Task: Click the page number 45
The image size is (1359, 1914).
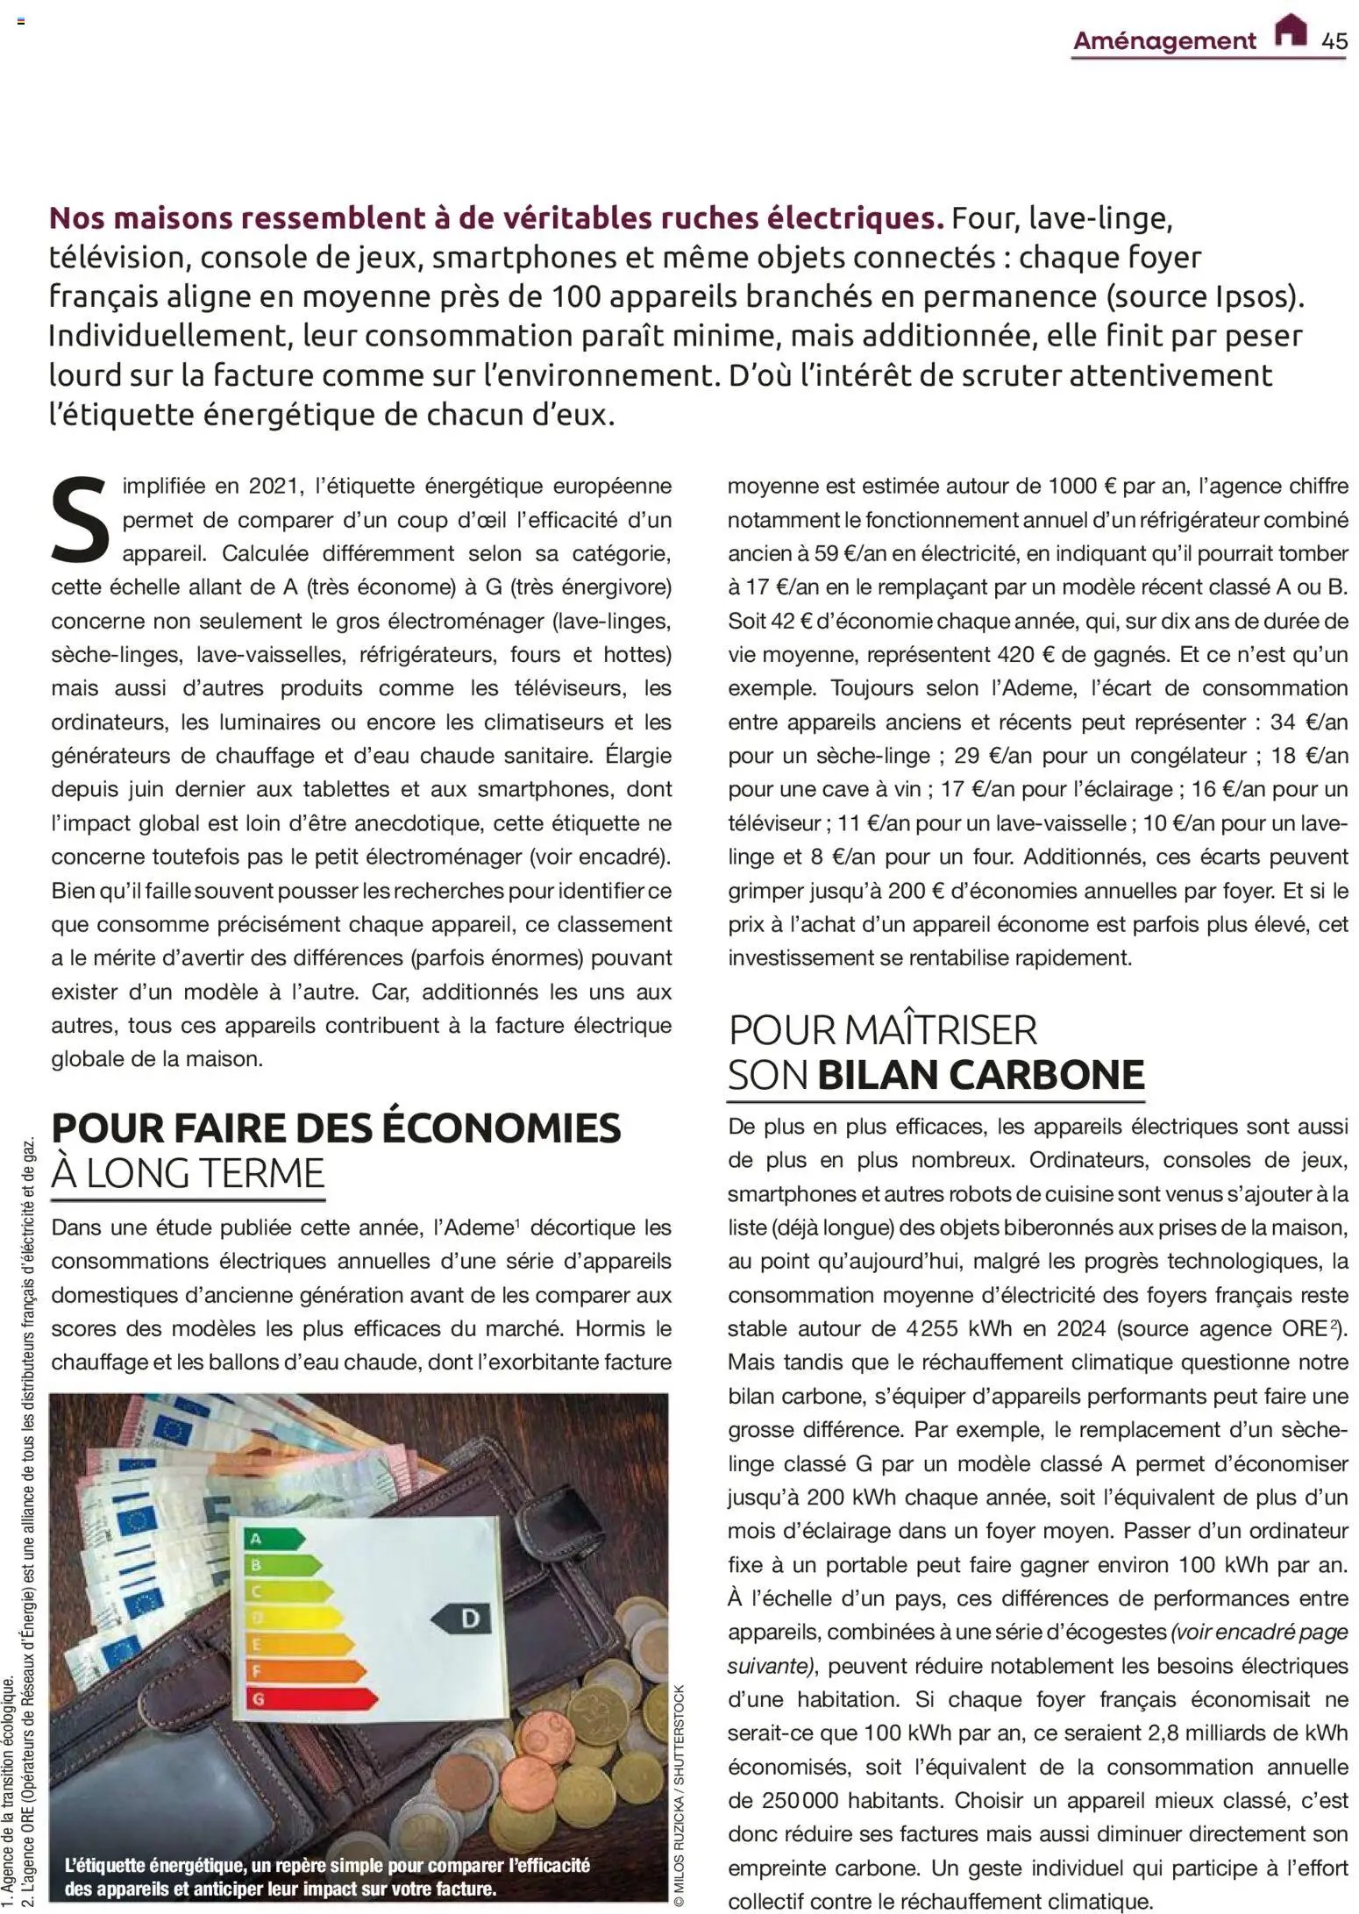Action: tap(1334, 41)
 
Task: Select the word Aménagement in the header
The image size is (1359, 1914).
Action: tap(1164, 41)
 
